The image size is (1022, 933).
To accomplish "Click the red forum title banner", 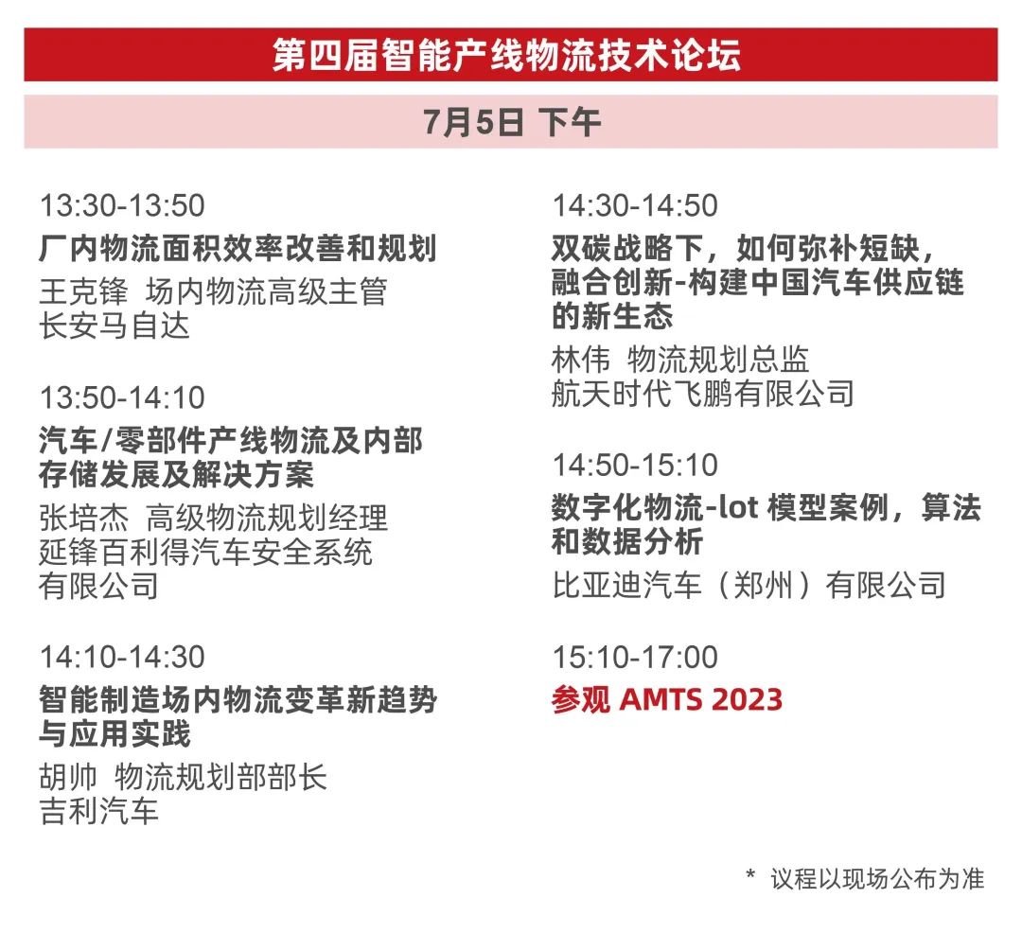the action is coord(510,55).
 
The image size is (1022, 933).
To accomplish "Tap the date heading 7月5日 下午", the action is coord(512,122).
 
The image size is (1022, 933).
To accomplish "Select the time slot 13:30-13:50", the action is coord(122,206).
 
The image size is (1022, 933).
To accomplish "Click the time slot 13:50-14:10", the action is coord(122,398).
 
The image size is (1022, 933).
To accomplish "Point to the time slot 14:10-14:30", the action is coord(122,657).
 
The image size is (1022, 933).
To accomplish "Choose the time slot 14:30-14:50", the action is coord(635,206).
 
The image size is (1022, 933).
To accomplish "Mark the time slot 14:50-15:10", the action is coord(635,466).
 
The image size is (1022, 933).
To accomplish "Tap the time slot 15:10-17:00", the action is coord(635,657).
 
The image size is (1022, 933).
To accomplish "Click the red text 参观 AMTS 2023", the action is coord(667,700).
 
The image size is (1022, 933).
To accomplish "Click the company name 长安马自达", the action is coord(115,326).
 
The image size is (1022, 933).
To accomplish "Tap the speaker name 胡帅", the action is coord(68,777).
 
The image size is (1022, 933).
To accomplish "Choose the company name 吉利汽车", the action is coord(99,811).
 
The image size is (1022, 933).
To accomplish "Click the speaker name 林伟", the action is coord(581,359).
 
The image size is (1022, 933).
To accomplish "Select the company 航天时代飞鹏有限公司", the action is coord(702,394).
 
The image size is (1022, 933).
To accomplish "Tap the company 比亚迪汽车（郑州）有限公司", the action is coord(749,585).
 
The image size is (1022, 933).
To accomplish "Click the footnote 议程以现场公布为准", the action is coord(876,879).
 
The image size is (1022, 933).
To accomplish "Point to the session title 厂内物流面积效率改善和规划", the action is coord(238,248).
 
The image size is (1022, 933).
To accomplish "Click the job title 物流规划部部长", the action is coord(220,777).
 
